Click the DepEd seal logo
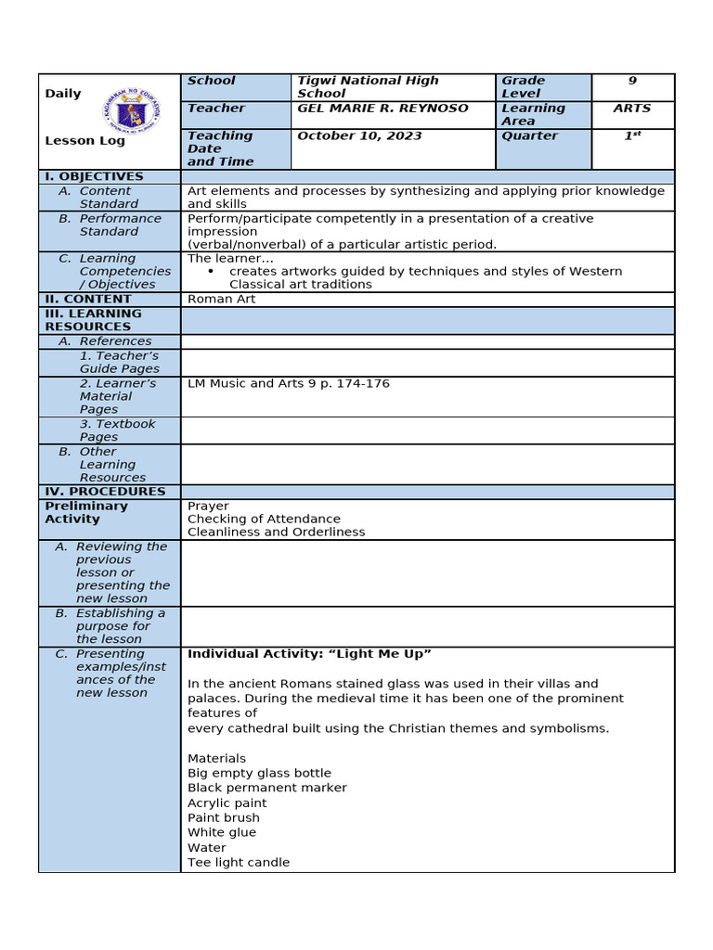(x=132, y=117)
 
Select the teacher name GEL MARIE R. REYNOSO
(x=382, y=109)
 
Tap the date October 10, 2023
(x=359, y=136)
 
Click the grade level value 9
(x=632, y=82)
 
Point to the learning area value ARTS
(x=632, y=109)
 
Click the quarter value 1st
(x=632, y=136)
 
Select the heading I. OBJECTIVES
(x=94, y=176)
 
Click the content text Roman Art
(x=221, y=300)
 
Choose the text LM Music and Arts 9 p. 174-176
(x=288, y=384)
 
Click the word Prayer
(x=208, y=507)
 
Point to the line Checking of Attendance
(x=264, y=520)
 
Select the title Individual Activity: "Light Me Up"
(x=309, y=655)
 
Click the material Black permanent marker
(x=266, y=788)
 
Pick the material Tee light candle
(x=239, y=863)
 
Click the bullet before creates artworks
(x=212, y=272)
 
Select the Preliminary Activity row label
(x=86, y=513)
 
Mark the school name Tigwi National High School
(x=368, y=87)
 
